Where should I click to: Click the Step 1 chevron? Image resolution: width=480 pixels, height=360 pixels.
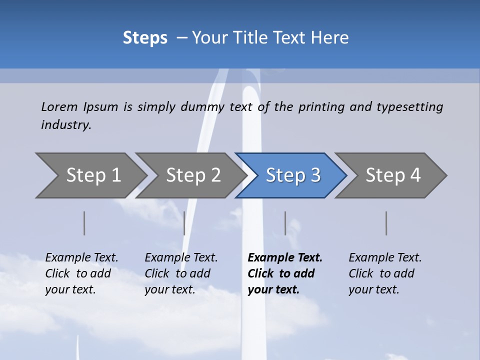(x=92, y=175)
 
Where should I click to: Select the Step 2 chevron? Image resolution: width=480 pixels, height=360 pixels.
(x=192, y=175)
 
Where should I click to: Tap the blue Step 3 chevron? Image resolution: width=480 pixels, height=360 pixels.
(x=292, y=175)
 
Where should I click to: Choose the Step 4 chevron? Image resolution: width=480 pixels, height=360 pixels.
(x=392, y=175)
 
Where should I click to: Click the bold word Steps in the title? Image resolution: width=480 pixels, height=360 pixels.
(x=145, y=38)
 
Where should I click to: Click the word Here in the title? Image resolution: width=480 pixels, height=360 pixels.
(x=330, y=38)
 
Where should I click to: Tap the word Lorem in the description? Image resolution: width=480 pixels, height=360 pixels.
(x=59, y=107)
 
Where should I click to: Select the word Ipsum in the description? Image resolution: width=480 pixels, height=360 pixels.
(x=100, y=107)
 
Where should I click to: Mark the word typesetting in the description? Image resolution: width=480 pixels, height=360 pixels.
(x=409, y=107)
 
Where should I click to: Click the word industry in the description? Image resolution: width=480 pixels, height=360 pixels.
(x=65, y=125)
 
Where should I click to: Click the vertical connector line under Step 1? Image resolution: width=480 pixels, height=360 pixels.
(x=84, y=223)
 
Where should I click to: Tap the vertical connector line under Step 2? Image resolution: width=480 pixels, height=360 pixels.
(x=184, y=223)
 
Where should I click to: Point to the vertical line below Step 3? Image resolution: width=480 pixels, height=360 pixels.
(x=285, y=223)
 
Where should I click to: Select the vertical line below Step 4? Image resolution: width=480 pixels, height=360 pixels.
(x=386, y=223)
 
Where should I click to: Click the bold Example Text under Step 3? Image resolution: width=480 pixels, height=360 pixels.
(x=285, y=258)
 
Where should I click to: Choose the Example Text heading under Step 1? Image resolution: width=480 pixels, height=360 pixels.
(x=81, y=258)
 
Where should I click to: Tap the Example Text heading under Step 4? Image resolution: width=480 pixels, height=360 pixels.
(x=385, y=258)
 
